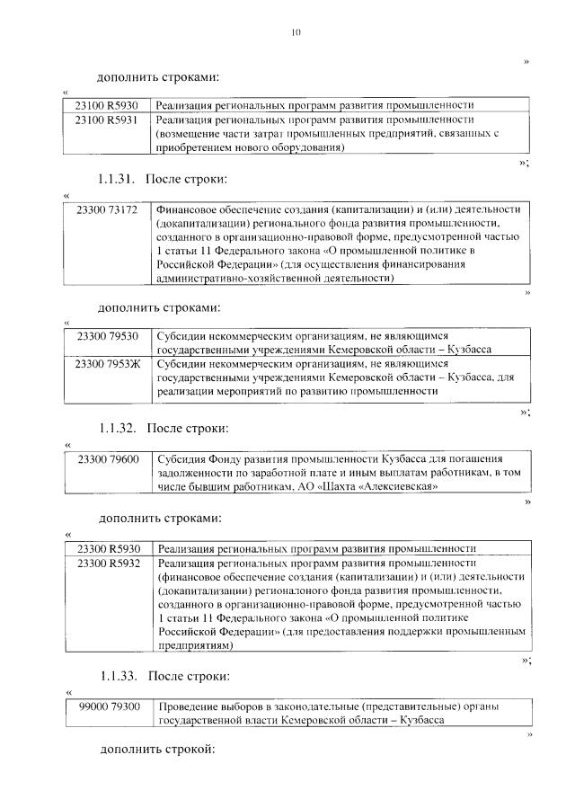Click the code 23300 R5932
(x=110, y=563)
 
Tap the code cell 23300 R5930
(x=110, y=548)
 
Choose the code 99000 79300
(x=110, y=707)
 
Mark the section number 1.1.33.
(x=117, y=675)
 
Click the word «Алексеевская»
(x=400, y=487)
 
